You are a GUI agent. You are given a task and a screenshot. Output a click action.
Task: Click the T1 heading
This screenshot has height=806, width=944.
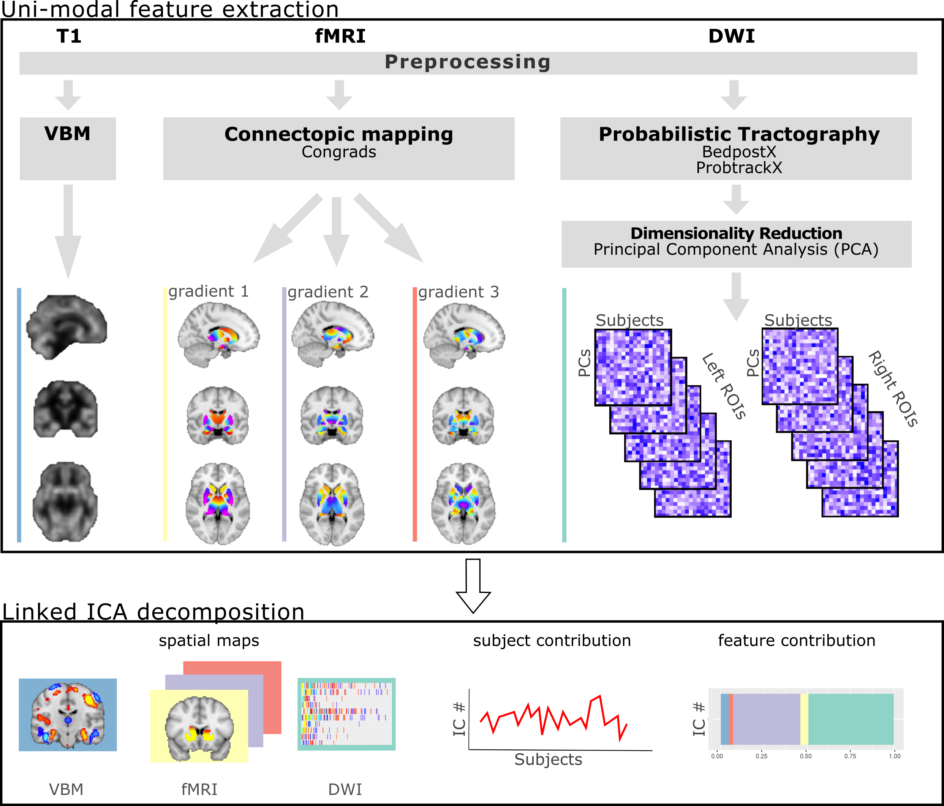[x=69, y=36]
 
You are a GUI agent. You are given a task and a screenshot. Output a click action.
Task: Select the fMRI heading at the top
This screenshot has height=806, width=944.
[x=340, y=36]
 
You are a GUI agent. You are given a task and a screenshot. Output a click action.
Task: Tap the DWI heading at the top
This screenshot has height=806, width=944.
[x=731, y=36]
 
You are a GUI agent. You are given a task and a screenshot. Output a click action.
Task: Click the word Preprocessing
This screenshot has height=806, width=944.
[x=468, y=62]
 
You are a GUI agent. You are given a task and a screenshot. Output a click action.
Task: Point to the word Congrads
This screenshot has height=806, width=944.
[x=338, y=152]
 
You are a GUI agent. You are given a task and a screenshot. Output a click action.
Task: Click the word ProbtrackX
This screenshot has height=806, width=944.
[x=738, y=167]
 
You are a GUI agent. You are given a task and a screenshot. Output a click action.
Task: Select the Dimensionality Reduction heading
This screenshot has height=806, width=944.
[x=736, y=233]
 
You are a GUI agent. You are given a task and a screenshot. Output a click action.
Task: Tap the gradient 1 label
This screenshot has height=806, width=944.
[x=209, y=292]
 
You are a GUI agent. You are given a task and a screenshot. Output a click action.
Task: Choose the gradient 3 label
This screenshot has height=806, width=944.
[x=459, y=292]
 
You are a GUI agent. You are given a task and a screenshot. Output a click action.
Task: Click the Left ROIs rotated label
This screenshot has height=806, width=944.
[x=724, y=386]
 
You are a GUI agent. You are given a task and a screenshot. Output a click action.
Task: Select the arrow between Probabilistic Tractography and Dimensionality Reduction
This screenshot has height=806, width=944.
[x=736, y=199]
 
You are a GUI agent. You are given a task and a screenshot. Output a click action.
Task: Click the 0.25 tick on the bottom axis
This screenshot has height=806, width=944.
[x=761, y=756]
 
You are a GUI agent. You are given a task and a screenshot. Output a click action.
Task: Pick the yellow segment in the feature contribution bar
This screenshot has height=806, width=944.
[x=804, y=719]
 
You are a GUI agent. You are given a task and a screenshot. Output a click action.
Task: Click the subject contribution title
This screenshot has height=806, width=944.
[x=552, y=641]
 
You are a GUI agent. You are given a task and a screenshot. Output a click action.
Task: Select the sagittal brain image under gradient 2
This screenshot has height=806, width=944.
[x=333, y=334]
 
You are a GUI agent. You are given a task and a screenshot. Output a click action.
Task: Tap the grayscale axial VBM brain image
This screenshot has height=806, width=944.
[x=65, y=502]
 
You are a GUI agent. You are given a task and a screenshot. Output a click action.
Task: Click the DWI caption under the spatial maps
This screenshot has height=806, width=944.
[x=345, y=789]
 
